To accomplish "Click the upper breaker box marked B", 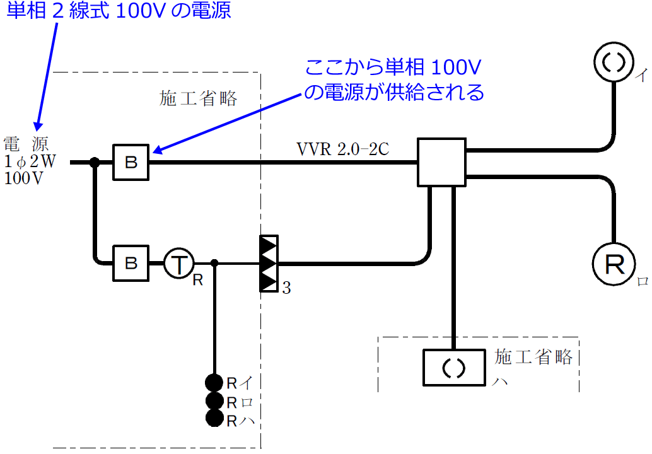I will (131, 163).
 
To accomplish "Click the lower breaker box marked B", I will (131, 264).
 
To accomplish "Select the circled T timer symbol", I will (180, 264).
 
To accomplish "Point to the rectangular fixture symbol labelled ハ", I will (455, 368).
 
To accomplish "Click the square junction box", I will (441, 163).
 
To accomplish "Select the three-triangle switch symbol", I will (269, 264).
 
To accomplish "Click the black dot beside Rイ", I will (214, 382).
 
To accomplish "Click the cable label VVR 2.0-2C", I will (343, 149).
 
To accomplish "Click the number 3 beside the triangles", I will (286, 289).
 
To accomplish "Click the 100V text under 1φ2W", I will (24, 178).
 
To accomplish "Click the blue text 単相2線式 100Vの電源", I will (119, 11).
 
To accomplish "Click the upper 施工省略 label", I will (199, 98).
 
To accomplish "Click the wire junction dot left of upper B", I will (95, 163).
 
